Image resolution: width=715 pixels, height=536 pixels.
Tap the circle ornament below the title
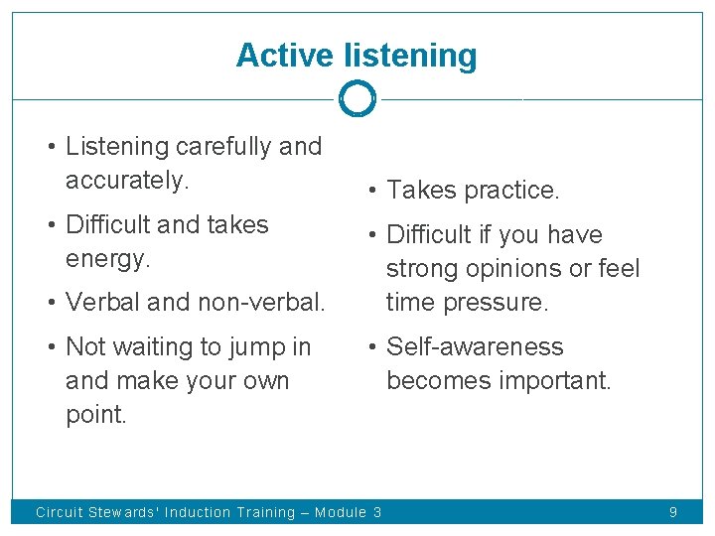(357, 99)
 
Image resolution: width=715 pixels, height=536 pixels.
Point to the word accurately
(126, 181)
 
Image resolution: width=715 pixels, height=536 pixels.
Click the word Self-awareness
(475, 347)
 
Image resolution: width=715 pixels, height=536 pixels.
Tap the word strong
(418, 269)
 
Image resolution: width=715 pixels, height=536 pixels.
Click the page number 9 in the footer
(673, 512)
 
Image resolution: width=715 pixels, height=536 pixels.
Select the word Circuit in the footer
(59, 512)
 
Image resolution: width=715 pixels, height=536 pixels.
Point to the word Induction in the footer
(200, 512)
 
